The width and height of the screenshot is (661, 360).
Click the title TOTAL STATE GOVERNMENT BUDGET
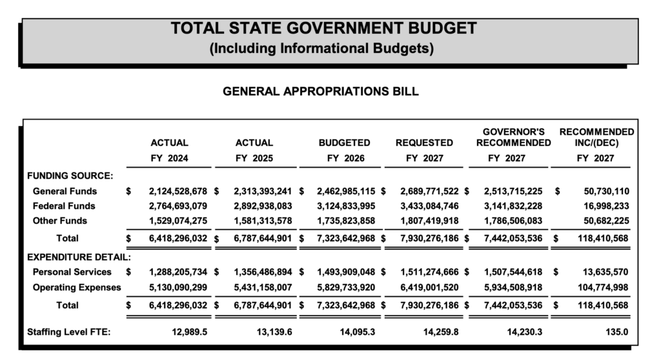coord(323,28)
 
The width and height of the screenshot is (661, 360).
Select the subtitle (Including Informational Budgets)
coord(322,48)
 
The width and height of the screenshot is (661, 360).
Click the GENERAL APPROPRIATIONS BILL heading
coord(320,92)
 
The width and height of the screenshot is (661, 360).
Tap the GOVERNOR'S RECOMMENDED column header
coord(514,137)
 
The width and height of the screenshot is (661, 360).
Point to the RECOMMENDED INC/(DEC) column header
coord(596,137)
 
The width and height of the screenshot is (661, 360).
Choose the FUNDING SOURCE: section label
coord(70,175)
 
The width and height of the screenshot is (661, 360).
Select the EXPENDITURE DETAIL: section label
coord(79,257)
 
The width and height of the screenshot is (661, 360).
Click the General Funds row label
coord(65,191)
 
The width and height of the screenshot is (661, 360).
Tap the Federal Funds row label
coord(64,206)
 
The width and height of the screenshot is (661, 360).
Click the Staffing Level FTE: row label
coord(69,333)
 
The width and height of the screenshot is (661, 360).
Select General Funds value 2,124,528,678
coord(178,191)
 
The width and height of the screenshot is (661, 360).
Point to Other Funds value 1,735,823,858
coord(345,221)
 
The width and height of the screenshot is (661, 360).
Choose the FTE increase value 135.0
coord(616,333)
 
